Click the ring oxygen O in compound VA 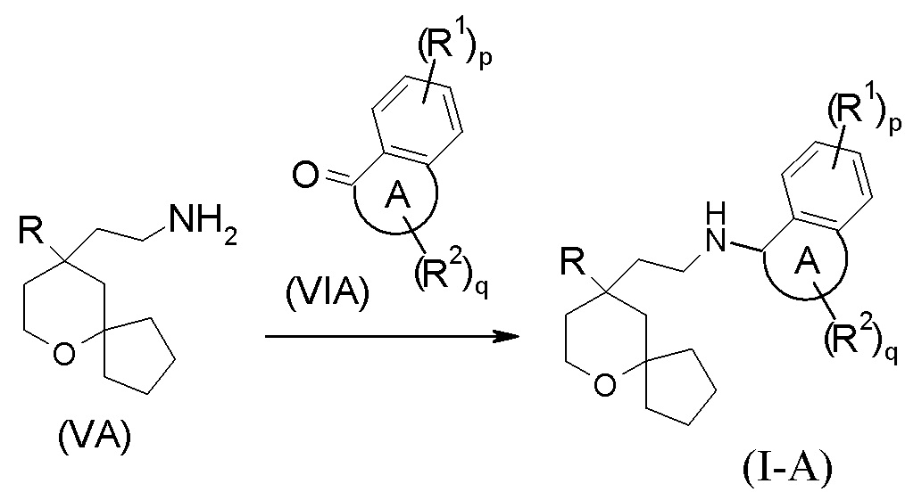61,356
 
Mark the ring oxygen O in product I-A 606,384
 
